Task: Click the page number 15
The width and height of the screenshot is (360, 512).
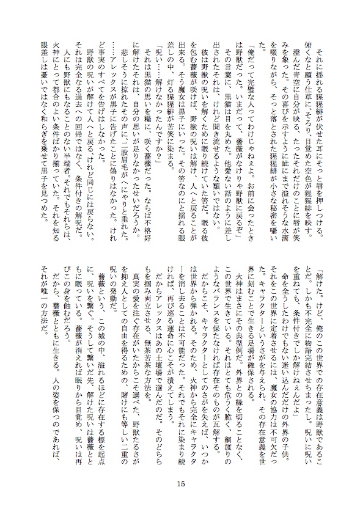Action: [x=180, y=485]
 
